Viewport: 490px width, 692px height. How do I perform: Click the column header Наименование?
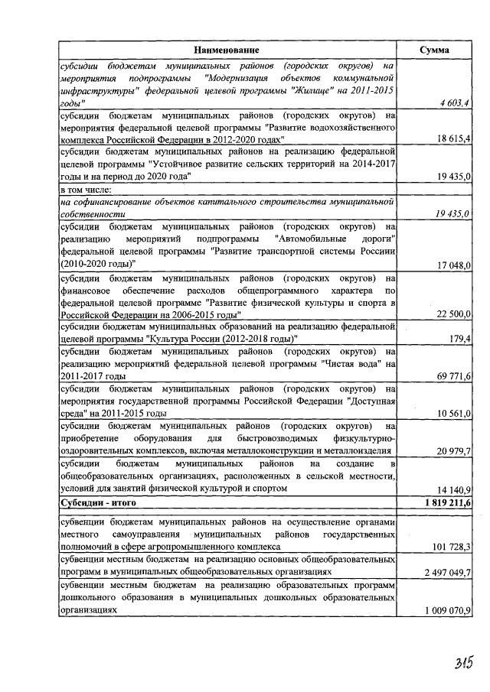coord(226,50)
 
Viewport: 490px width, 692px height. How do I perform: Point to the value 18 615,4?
coord(452,140)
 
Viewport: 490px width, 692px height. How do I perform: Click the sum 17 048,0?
coord(452,265)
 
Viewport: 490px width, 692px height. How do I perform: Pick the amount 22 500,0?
coord(452,314)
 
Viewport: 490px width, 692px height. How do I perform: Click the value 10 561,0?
coord(452,414)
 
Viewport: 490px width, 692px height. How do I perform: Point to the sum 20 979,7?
coord(452,451)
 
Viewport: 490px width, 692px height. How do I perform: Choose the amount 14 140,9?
coord(452,489)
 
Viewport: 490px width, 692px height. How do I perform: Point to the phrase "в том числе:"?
coord(86,190)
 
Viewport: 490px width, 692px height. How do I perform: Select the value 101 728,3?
coord(449,547)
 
